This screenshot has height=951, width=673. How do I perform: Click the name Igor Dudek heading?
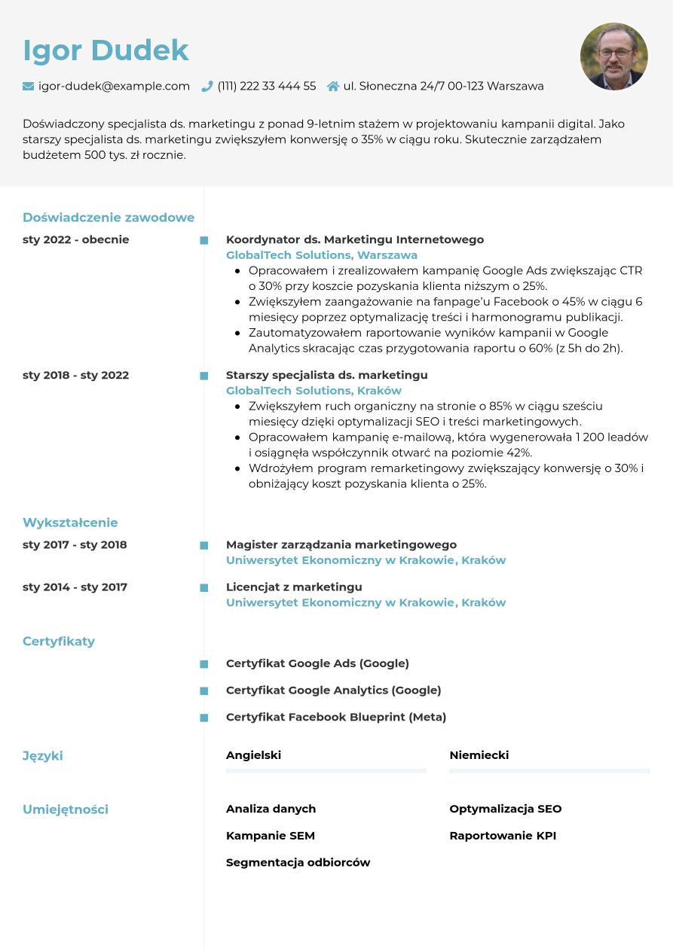(x=106, y=50)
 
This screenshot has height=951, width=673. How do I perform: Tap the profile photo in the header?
(x=613, y=56)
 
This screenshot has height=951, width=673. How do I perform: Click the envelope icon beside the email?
(x=29, y=87)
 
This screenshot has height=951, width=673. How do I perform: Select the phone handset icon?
(x=207, y=87)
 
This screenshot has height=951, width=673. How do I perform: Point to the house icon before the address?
(x=333, y=87)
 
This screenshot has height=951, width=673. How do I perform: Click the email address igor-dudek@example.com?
(x=114, y=87)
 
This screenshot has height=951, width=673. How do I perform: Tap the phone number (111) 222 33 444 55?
(x=267, y=87)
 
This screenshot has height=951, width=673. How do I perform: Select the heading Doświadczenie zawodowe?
(x=109, y=218)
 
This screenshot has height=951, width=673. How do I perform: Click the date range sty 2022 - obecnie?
(x=75, y=239)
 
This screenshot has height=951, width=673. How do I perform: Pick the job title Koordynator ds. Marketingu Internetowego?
(x=355, y=239)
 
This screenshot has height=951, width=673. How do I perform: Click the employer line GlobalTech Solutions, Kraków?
(x=314, y=391)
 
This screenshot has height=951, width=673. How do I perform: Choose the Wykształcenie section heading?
(x=70, y=523)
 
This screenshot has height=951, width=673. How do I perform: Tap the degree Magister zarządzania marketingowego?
(x=341, y=544)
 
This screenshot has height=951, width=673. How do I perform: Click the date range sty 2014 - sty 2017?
(x=75, y=587)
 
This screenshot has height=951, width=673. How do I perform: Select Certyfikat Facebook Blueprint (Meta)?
(x=336, y=717)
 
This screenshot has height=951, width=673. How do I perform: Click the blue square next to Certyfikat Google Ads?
(x=203, y=664)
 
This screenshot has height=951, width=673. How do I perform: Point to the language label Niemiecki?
(x=479, y=755)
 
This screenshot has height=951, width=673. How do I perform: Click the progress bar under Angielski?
(x=326, y=771)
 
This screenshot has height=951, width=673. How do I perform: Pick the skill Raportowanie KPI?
(x=503, y=836)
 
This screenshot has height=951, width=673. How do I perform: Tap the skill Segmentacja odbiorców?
(x=298, y=862)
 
